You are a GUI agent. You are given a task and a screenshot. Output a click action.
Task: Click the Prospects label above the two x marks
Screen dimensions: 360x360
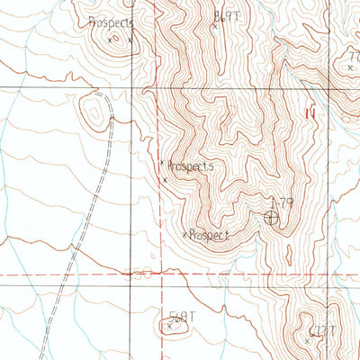112,23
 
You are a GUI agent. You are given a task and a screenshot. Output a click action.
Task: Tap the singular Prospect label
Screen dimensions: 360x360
211,235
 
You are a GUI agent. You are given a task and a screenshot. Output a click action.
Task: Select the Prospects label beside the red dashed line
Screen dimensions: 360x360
191,166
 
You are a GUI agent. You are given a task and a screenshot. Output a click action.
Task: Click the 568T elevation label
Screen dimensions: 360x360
182,316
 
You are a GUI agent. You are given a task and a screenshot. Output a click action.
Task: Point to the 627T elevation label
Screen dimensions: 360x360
320,330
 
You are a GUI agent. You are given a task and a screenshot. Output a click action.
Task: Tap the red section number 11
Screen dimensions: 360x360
311,113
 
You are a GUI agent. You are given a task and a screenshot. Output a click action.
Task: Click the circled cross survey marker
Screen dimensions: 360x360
271,217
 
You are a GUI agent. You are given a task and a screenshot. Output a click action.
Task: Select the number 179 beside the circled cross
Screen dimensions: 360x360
282,203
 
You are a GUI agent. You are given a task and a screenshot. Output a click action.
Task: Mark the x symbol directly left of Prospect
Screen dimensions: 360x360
185,235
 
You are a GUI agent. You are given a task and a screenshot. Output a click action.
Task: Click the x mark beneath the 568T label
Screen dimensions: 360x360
169,327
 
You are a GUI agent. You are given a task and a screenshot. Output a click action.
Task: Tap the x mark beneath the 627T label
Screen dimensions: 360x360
307,341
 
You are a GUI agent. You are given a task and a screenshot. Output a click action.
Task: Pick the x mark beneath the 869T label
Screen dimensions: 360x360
214,26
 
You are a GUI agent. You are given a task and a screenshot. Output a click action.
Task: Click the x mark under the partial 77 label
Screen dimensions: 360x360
349,67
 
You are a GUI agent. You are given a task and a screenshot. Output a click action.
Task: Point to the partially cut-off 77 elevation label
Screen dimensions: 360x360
353,56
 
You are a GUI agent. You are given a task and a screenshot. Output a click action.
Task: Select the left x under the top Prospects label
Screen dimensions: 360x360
110,40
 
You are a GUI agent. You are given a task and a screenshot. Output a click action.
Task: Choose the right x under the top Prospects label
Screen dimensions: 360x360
130,40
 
